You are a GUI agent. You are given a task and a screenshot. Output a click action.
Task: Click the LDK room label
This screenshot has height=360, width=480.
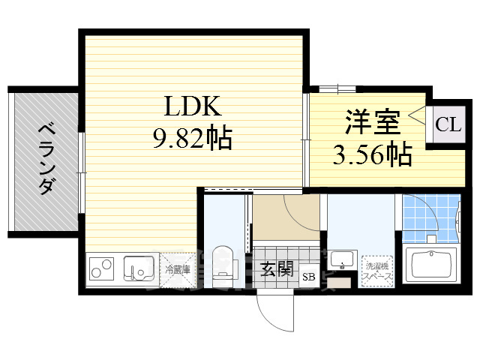192,106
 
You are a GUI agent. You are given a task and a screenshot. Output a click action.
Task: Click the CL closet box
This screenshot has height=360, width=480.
447,124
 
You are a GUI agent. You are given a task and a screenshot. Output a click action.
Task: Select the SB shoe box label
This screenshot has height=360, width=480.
308,277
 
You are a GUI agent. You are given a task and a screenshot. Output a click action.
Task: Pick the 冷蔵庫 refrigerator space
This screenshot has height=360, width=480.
178,268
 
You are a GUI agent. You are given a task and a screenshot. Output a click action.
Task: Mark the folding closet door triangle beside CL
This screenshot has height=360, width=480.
417,122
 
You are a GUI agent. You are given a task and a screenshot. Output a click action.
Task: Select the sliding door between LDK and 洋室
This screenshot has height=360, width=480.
306,139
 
